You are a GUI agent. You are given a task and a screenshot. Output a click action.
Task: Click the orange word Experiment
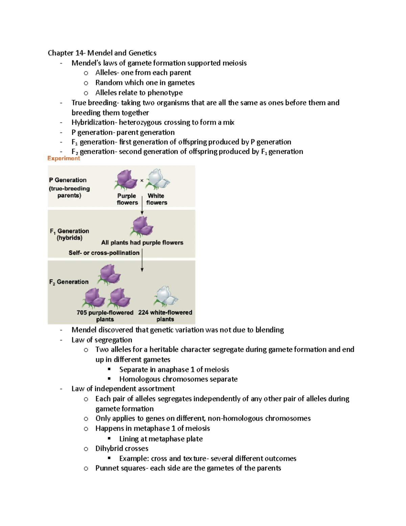click(x=64, y=158)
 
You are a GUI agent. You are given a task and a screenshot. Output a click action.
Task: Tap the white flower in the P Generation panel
click(x=157, y=180)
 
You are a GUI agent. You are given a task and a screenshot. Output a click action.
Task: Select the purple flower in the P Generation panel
click(x=126, y=180)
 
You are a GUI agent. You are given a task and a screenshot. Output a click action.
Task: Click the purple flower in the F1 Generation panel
click(x=142, y=226)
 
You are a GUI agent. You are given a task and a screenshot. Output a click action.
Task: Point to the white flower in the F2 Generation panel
click(x=166, y=296)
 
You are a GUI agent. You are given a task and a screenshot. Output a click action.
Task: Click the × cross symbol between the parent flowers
click(x=142, y=180)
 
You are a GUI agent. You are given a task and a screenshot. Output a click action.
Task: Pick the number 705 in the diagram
click(x=82, y=313)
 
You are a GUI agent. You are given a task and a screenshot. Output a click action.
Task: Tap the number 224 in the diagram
click(x=143, y=313)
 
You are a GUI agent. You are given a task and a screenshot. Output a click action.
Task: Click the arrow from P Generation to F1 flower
click(x=142, y=205)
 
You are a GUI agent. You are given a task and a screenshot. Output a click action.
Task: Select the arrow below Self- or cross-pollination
click(x=142, y=260)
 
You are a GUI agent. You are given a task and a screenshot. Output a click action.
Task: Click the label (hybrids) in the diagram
click(x=70, y=238)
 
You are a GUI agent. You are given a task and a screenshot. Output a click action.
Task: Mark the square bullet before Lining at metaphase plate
click(x=109, y=438)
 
